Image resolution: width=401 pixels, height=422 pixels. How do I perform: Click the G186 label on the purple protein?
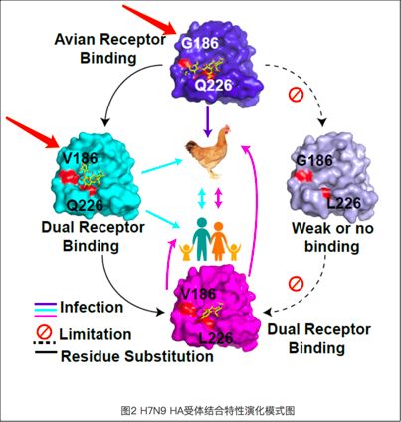pos(200,43)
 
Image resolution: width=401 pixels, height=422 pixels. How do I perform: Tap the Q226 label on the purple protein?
pos(213,85)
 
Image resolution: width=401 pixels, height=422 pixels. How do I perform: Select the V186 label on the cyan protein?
pos(82,158)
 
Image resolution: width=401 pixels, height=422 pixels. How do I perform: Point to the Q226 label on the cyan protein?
pos(85,205)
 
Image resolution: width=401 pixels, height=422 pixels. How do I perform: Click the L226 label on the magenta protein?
pos(215,338)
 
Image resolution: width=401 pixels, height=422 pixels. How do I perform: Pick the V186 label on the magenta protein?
pos(199,294)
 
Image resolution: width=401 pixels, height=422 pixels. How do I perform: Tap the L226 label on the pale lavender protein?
pos(343,203)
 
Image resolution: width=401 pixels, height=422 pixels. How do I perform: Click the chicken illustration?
pos(208,151)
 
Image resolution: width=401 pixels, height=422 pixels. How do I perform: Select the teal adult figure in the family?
pos(202,239)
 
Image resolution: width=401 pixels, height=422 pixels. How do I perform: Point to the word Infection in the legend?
pos(92,307)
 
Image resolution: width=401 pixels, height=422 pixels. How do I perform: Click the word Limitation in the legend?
pos(96,334)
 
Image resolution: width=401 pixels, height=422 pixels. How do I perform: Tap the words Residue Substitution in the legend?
pos(137,356)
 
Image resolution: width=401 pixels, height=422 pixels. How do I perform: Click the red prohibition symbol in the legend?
pos(44,332)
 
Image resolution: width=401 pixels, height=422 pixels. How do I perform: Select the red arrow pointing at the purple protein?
pos(150,19)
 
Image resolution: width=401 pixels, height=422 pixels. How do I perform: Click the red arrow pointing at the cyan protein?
pos(33,132)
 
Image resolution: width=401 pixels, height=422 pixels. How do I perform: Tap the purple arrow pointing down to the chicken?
pos(208,121)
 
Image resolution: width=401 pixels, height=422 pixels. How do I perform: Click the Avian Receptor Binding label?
pos(109,49)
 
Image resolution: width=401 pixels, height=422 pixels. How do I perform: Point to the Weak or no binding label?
pos(332,237)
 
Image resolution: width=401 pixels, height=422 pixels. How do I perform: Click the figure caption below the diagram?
pos(208,411)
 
